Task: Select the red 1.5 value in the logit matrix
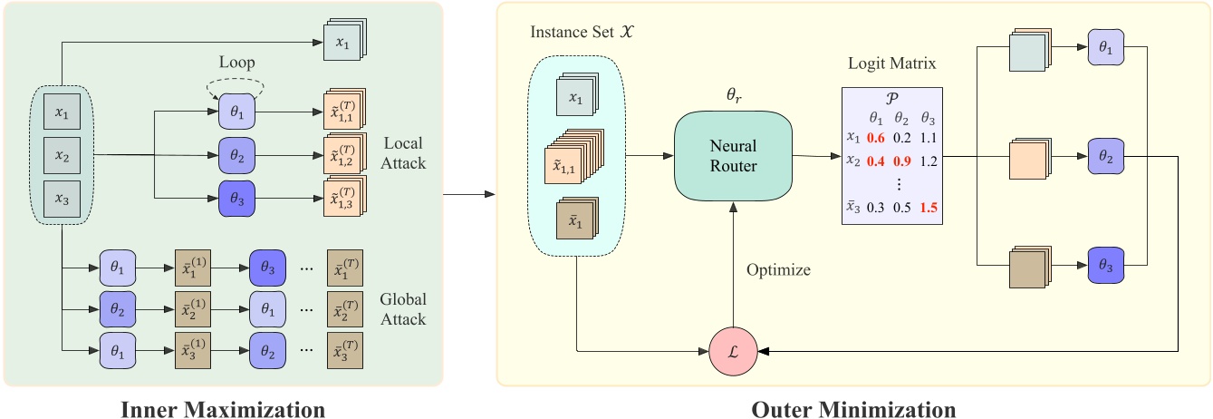tap(928, 208)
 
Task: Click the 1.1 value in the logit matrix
tap(928, 138)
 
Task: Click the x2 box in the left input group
tap(61, 155)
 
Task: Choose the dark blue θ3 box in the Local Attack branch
tap(237, 197)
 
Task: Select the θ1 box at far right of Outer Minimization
tap(1107, 53)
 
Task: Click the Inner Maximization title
tap(224, 409)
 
